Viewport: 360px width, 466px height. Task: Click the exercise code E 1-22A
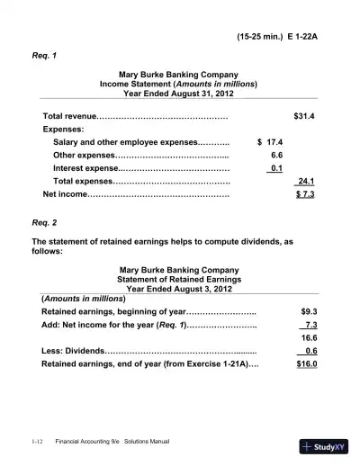click(x=303, y=39)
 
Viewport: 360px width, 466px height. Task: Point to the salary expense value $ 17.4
click(x=271, y=142)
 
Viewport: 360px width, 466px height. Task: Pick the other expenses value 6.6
click(x=277, y=155)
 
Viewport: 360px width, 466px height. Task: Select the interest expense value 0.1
click(x=276, y=168)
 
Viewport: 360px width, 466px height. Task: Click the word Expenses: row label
click(x=64, y=130)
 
